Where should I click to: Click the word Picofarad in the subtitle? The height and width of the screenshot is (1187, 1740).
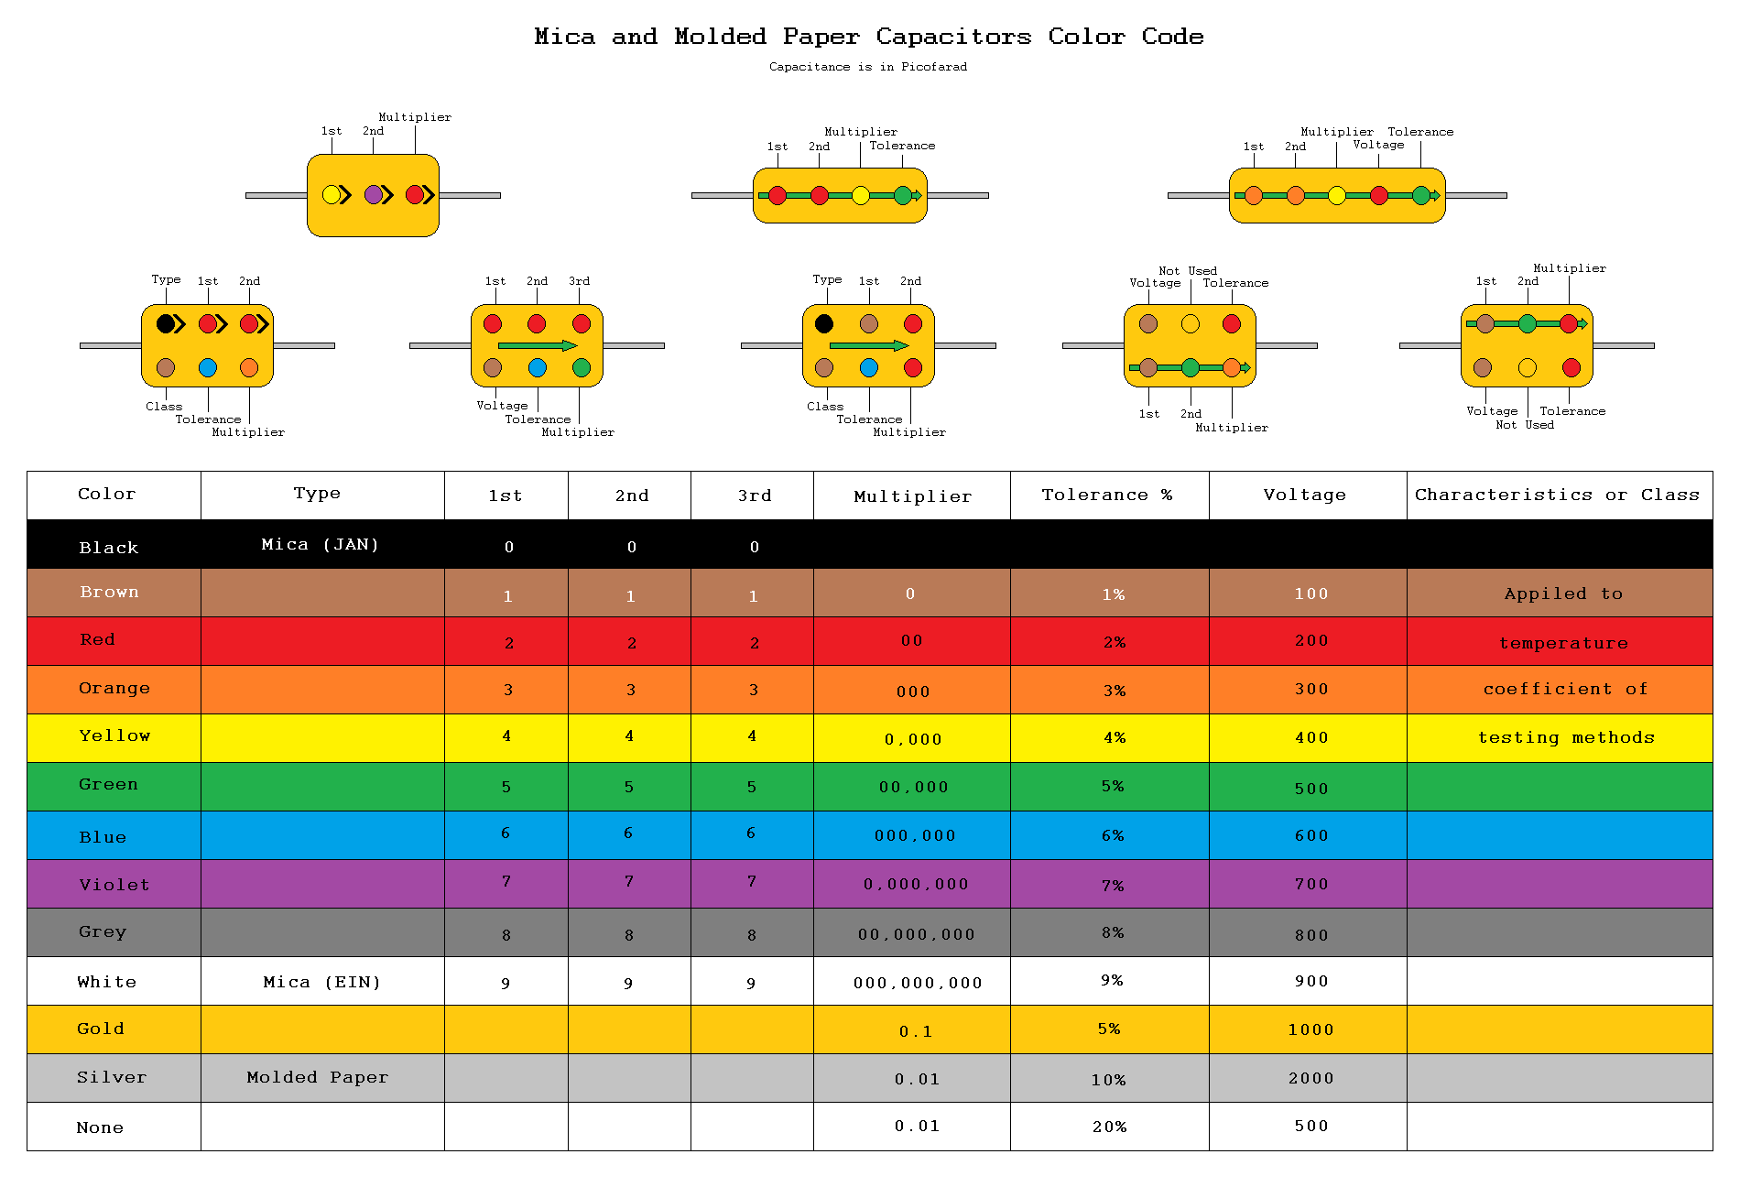coord(933,67)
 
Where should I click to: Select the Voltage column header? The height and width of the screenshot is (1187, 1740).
coord(1305,495)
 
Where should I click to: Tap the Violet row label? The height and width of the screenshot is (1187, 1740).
coord(114,885)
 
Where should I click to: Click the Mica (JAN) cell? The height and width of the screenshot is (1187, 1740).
coord(320,545)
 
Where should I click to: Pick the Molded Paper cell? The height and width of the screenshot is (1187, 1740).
coord(318,1078)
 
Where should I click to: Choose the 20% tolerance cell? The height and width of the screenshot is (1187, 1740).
coord(1109,1127)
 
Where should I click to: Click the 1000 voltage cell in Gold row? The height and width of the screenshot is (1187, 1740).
coord(1310,1029)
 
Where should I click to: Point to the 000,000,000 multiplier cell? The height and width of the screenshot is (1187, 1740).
coord(918,983)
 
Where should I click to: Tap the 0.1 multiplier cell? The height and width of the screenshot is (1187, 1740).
coord(916,1031)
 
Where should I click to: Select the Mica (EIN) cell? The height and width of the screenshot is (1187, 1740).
coord(321,983)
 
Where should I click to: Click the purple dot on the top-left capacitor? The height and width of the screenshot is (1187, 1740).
coord(374,194)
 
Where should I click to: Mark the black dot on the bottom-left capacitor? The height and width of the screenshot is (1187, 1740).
coord(166,323)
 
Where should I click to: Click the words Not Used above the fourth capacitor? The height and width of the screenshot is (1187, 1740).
coord(1188,271)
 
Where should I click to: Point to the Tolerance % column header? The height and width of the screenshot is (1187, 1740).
coord(1106,495)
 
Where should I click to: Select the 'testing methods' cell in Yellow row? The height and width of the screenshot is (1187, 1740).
coord(1566,737)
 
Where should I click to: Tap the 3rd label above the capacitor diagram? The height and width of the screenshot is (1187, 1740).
coord(579,281)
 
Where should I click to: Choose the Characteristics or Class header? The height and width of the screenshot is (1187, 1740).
coord(1557,495)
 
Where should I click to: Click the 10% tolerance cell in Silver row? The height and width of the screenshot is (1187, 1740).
coord(1108,1080)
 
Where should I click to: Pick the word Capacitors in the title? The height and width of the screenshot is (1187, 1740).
coord(953,37)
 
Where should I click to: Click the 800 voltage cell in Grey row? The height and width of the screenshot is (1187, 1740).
coord(1311,935)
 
